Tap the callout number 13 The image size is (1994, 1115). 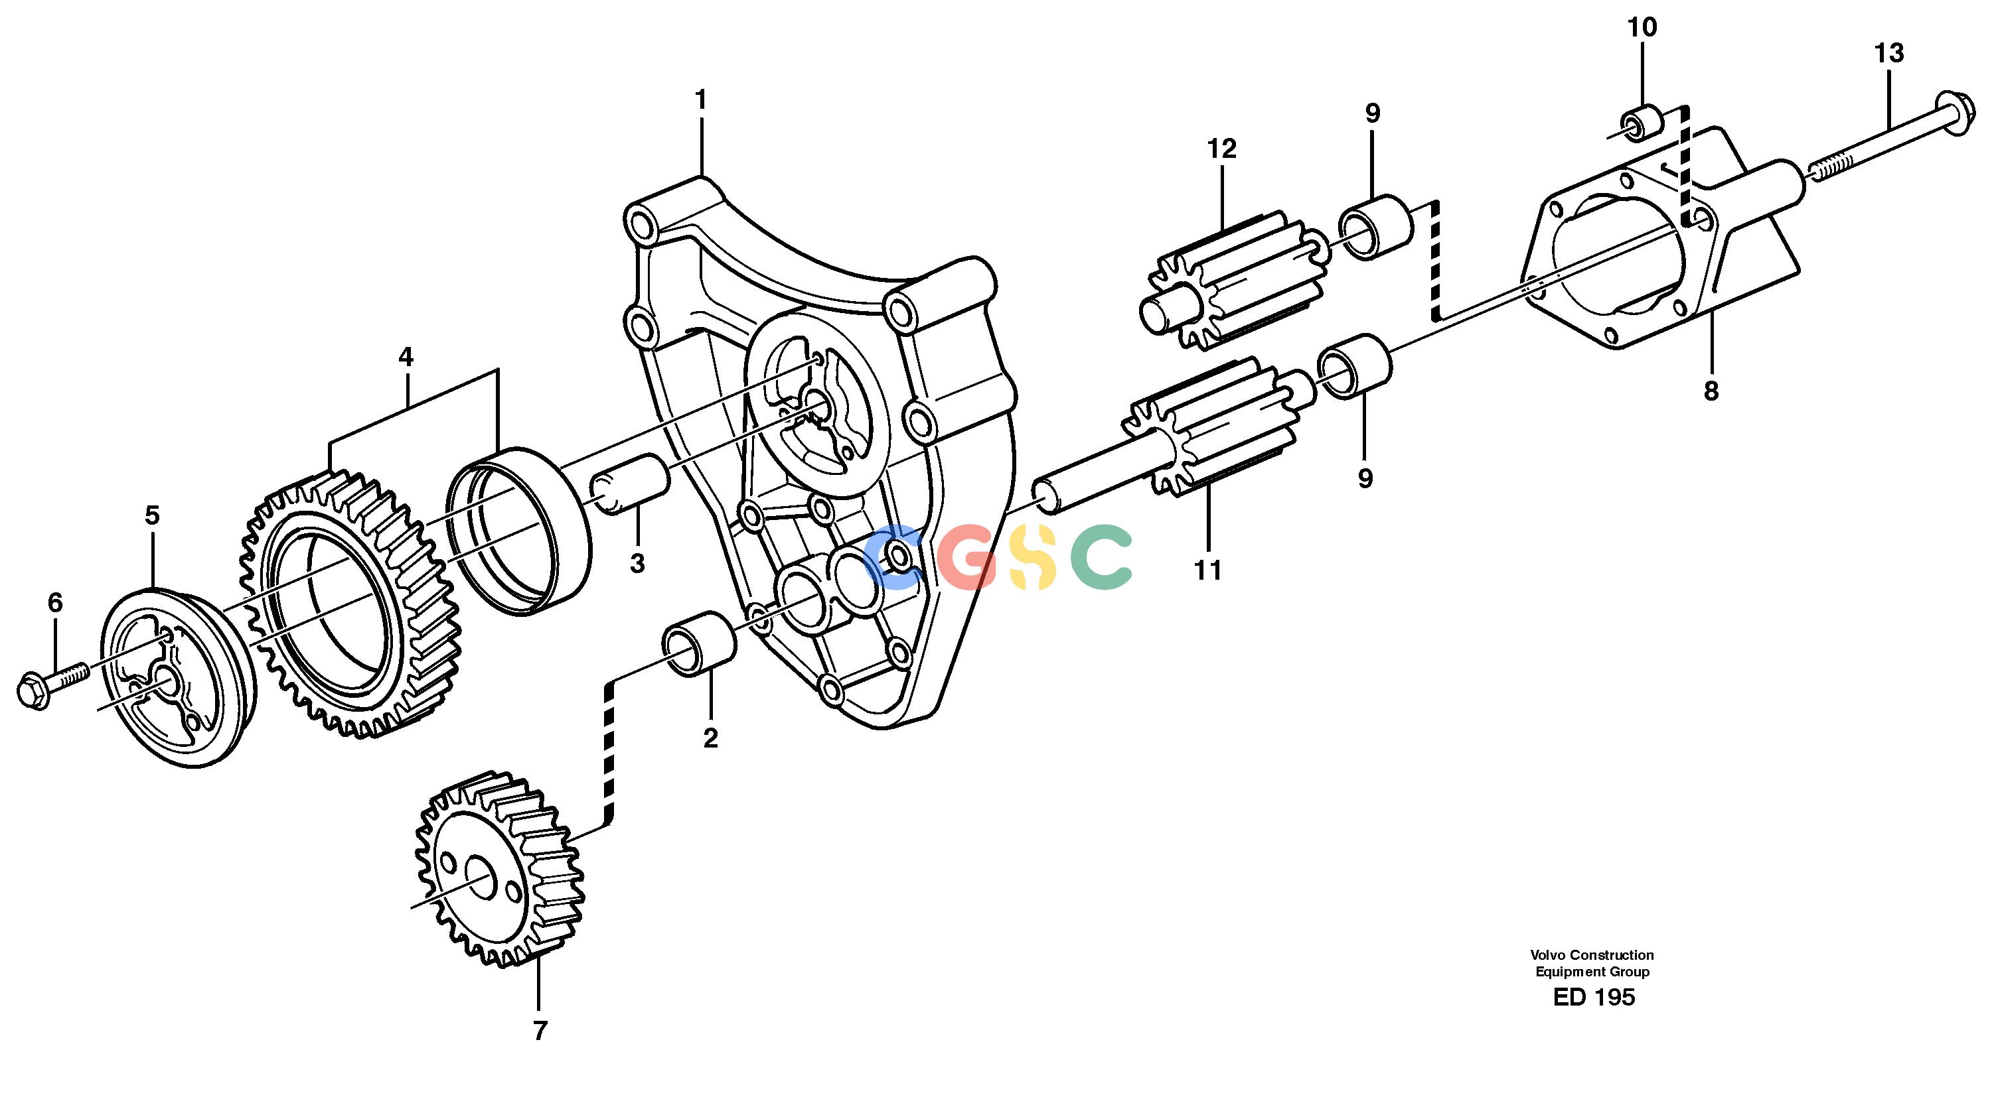pyautogui.click(x=1888, y=53)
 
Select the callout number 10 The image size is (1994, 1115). pyautogui.click(x=1642, y=27)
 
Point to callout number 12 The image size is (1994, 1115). pyautogui.click(x=1222, y=149)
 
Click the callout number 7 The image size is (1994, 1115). pyautogui.click(x=540, y=1031)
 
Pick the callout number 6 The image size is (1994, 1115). pyautogui.click(x=55, y=603)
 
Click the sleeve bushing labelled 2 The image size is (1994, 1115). pyautogui.click(x=699, y=642)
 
